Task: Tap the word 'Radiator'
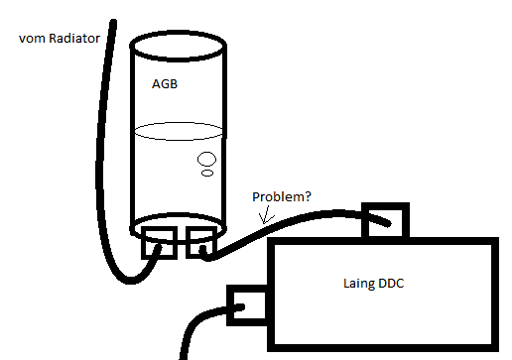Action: (74, 38)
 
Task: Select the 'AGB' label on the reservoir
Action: (165, 84)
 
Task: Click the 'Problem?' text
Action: (282, 196)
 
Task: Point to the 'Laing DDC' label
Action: (374, 284)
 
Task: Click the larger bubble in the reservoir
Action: (206, 159)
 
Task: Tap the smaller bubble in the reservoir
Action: (207, 173)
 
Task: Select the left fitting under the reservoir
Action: (159, 243)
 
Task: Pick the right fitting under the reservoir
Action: (201, 242)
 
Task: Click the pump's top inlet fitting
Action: (385, 220)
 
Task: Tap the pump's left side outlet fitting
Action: (247, 305)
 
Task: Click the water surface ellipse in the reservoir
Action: (179, 131)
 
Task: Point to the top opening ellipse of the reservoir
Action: (179, 46)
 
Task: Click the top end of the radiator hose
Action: (113, 22)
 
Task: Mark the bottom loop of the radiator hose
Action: (130, 281)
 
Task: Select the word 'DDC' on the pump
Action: (391, 284)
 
